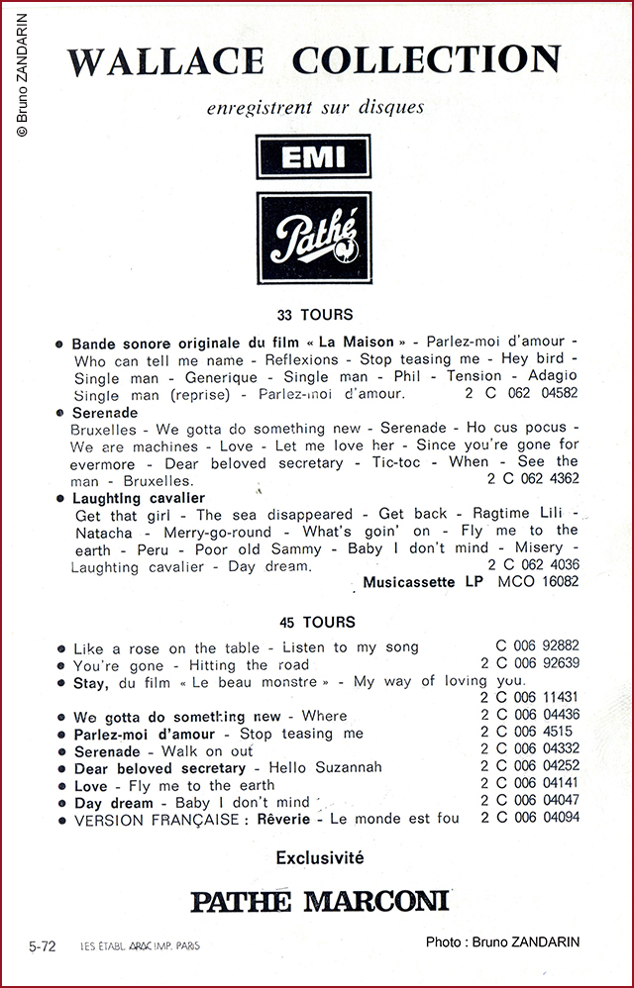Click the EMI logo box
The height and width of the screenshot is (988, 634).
click(313, 157)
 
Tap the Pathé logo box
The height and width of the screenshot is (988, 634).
click(313, 239)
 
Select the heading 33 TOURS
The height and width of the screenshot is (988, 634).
click(316, 315)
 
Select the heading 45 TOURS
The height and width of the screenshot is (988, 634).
click(316, 623)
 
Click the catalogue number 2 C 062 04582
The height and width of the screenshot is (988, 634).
click(521, 394)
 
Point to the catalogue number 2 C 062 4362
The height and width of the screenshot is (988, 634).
click(533, 478)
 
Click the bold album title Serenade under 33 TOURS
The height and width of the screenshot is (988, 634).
click(105, 412)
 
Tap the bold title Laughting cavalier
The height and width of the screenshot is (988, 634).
click(139, 498)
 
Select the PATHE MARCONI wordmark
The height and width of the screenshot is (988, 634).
click(319, 901)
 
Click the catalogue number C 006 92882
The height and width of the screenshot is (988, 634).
click(539, 646)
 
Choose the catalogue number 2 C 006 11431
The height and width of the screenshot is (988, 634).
click(530, 698)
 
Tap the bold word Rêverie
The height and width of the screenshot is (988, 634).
click(283, 819)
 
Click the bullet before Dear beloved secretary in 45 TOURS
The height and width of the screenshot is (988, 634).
click(61, 768)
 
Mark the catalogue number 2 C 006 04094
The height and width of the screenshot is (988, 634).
click(530, 818)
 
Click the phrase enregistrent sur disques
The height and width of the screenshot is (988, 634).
click(315, 106)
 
